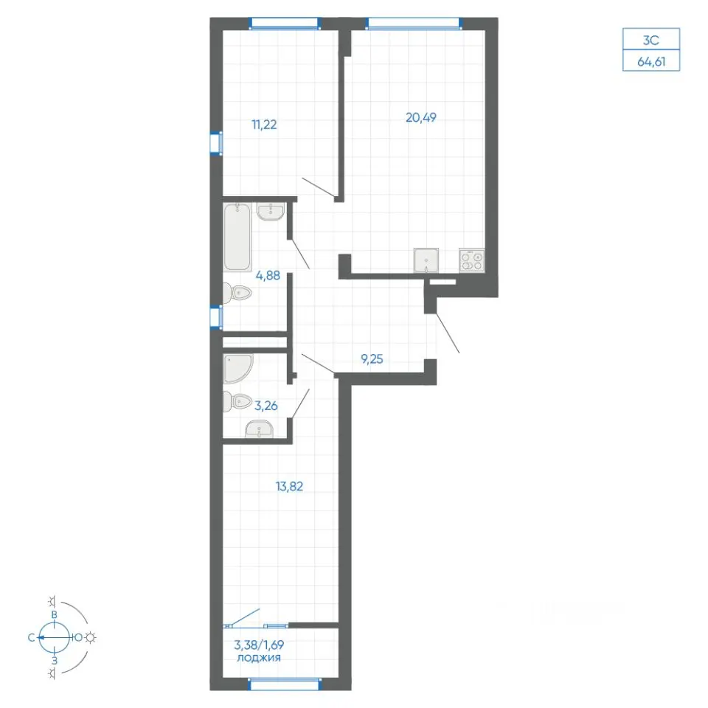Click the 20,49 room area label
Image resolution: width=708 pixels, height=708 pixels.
(x=421, y=117)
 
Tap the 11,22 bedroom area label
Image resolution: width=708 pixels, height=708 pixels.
(x=264, y=125)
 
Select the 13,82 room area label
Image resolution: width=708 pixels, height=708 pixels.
(x=289, y=486)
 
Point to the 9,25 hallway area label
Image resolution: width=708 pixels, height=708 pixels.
(x=372, y=359)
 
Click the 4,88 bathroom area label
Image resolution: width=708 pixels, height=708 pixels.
(x=268, y=275)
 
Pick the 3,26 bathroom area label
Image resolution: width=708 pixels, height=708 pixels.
(x=266, y=406)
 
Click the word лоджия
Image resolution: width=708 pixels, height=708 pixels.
(x=259, y=657)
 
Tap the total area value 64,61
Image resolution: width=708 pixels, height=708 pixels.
(x=651, y=61)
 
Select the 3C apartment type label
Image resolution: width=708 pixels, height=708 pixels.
(x=651, y=40)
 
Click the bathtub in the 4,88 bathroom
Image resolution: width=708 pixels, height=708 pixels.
(x=237, y=237)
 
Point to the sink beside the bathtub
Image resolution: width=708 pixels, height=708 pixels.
(x=271, y=212)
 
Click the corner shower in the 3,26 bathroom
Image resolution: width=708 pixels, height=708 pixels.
(x=238, y=368)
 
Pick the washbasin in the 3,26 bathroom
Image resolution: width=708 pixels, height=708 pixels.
(x=259, y=428)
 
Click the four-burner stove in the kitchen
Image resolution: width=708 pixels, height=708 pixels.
(x=472, y=260)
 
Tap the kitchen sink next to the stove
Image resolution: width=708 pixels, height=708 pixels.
(x=426, y=260)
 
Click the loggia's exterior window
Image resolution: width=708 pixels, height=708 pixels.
(x=285, y=684)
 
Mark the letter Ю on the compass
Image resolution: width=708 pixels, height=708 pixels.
(x=78, y=637)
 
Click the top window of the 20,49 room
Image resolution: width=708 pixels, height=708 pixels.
(x=414, y=24)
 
